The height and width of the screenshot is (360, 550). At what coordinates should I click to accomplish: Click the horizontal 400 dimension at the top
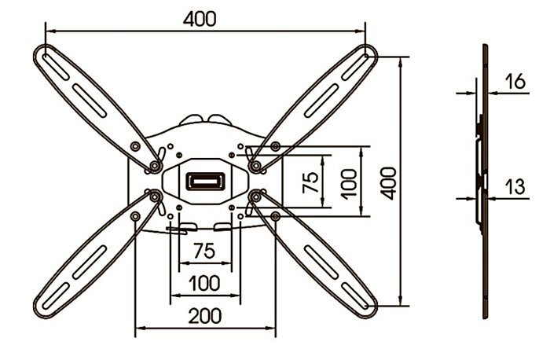200,19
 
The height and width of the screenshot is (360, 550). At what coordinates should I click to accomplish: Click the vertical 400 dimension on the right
390,183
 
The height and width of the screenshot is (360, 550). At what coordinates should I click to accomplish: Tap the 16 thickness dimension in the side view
515,81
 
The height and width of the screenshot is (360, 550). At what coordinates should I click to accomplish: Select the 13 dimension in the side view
515,186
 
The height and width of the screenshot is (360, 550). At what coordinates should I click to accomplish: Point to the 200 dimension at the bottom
205,316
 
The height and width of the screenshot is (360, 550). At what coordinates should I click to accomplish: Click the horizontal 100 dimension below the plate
205,283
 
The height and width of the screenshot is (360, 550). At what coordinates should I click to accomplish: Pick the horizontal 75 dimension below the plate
204,251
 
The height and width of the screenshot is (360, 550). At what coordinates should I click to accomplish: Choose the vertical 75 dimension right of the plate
310,182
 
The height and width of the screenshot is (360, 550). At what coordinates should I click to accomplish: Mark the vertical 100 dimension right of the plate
349,184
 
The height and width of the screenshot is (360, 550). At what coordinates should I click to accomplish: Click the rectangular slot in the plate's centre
205,182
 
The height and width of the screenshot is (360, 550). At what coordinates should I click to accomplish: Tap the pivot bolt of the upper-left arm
154,165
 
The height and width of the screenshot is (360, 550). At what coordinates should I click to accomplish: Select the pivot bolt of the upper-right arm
255,165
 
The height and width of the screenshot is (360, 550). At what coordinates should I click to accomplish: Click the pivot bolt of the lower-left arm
154,197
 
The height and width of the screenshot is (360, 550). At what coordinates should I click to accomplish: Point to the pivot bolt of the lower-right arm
255,197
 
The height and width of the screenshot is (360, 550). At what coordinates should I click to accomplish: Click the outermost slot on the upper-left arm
56,66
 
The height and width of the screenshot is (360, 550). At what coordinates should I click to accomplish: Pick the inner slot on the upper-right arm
321,101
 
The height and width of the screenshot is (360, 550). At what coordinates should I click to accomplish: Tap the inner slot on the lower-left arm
90,262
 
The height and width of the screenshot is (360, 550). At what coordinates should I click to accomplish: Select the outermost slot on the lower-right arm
355,296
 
